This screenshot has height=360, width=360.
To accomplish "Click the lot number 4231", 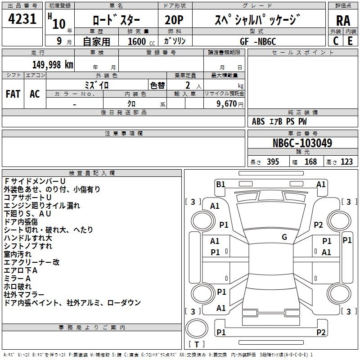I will point(22,19).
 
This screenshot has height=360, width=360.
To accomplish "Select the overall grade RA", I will point(343,21).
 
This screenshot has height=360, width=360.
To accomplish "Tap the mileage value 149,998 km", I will point(53,65).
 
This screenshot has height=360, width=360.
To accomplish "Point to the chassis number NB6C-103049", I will point(302,143).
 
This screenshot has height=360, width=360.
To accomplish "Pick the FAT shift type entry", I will point(13,94).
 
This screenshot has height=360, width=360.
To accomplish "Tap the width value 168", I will point(310,162).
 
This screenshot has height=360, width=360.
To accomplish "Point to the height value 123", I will point(346,162).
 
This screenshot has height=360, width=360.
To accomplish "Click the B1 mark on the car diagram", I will point(220,184).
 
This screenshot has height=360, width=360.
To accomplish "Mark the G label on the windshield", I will point(284,237).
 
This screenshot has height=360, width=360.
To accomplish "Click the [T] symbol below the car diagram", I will point(197,345).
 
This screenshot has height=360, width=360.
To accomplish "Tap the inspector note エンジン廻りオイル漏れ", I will point(42,206).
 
